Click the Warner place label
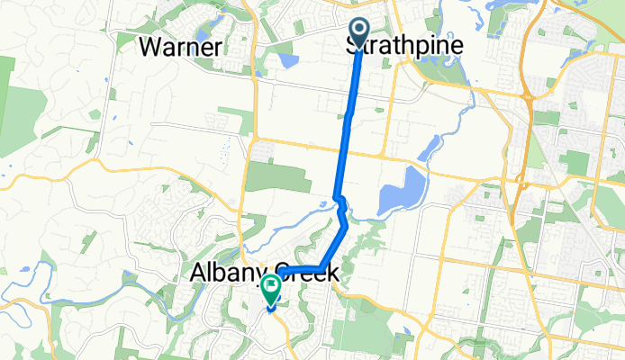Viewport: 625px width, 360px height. [x=182, y=48]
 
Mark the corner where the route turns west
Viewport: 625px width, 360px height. [x=322, y=266]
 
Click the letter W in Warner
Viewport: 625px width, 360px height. [x=151, y=48]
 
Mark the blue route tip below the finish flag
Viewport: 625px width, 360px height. [x=270, y=310]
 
